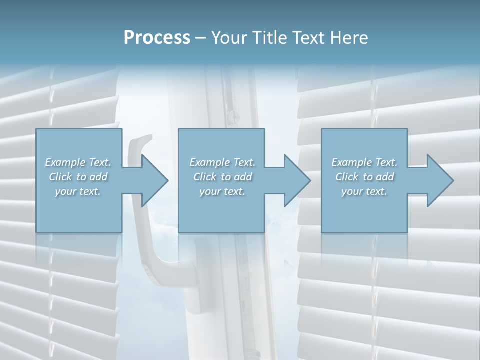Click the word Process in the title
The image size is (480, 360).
pos(157,37)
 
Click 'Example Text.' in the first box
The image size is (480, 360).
pos(78,162)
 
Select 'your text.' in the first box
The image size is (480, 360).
pos(78,191)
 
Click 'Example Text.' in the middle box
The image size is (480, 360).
pos(222,162)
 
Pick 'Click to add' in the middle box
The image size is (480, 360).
pos(222,177)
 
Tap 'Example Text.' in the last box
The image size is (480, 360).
pos(364,162)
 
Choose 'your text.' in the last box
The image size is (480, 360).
pos(364,191)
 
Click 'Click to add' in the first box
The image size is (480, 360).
pos(78,177)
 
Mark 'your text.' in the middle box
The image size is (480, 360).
pos(222,191)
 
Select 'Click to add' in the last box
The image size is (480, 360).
pos(364,177)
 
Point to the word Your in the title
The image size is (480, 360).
pos(228,37)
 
